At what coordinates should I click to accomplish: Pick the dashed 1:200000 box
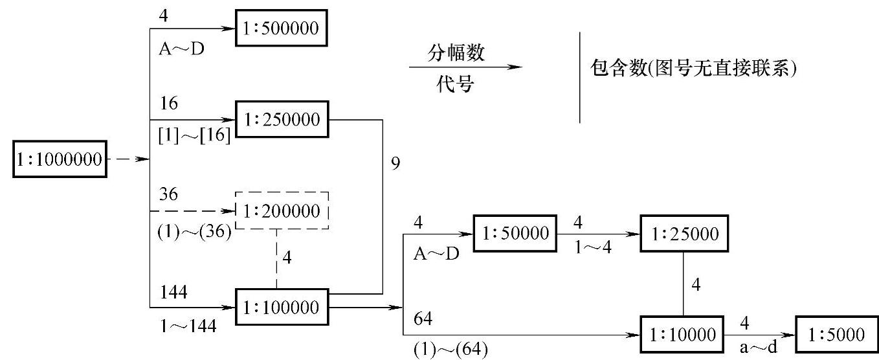click(x=282, y=210)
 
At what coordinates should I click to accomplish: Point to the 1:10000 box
click(x=684, y=334)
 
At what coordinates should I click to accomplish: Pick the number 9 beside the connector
click(x=396, y=163)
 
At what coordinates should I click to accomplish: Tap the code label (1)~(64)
click(x=450, y=350)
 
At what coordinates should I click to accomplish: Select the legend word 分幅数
click(x=456, y=53)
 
